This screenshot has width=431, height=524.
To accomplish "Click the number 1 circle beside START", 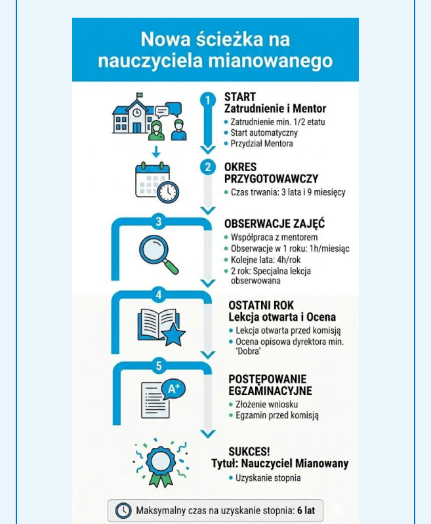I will click(x=208, y=100).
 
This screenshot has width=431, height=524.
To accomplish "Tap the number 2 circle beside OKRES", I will click(x=208, y=167).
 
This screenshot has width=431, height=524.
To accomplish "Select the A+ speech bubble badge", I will click(x=174, y=389).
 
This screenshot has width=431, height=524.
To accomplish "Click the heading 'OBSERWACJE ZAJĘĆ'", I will click(x=274, y=224).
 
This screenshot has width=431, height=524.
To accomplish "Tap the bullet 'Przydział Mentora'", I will click(x=261, y=144).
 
